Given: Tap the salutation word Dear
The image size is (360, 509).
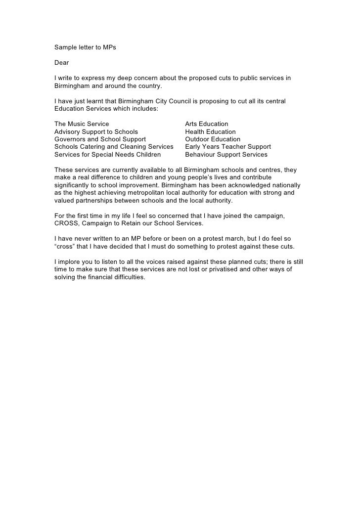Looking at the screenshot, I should [x=61, y=63].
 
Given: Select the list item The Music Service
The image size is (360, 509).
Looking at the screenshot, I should [x=82, y=124].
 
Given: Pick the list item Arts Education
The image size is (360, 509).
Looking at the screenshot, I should [x=207, y=124].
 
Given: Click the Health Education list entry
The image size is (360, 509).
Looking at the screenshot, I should [x=210, y=132].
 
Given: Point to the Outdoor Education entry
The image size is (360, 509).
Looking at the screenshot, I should [x=213, y=139].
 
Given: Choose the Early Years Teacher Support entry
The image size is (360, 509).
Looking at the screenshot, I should [x=228, y=147].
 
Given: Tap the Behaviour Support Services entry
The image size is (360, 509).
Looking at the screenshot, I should [x=226, y=154].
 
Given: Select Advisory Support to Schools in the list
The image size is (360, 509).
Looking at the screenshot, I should [x=96, y=132].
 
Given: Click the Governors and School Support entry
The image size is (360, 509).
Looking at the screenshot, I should [x=100, y=139].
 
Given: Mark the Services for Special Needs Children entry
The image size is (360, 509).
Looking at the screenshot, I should [x=107, y=154].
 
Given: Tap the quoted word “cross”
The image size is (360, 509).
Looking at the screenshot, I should [x=65, y=247].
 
